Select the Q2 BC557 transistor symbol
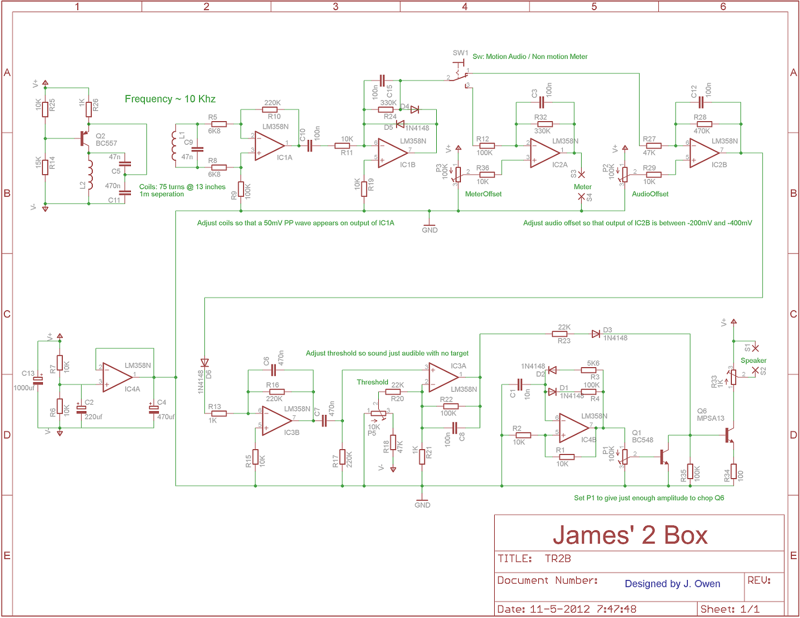(x=85, y=139)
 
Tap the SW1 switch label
(x=460, y=53)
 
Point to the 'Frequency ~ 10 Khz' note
(x=170, y=99)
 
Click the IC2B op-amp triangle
(x=704, y=153)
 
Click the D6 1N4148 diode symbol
(x=204, y=363)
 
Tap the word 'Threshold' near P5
(x=372, y=382)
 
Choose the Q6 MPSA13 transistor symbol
(x=728, y=435)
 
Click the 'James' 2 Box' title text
(x=630, y=535)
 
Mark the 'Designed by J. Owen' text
(x=672, y=584)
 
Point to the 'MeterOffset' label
(x=483, y=194)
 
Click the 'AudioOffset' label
(x=650, y=194)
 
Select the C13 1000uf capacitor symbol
(x=38, y=381)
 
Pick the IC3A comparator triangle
(x=443, y=377)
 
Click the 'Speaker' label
(x=753, y=361)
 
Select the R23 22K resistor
(x=560, y=334)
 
